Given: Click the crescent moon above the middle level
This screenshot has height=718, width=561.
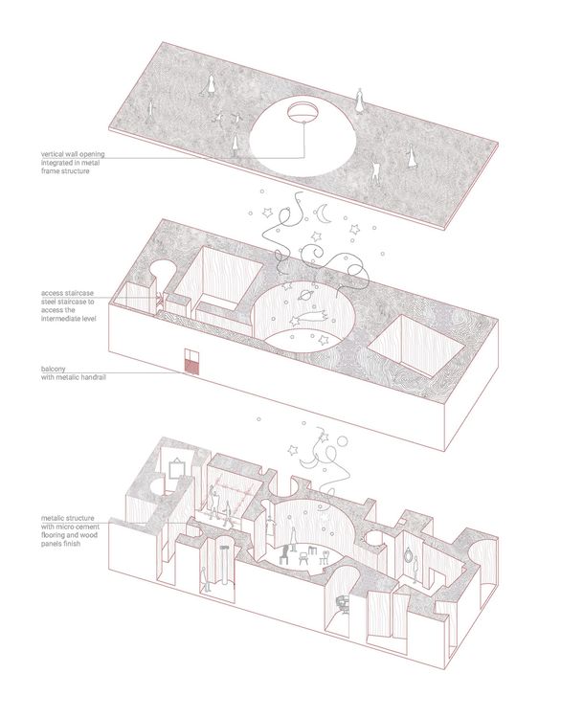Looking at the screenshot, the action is coord(325,214).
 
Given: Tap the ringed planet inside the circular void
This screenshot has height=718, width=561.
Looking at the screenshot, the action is coord(305,296).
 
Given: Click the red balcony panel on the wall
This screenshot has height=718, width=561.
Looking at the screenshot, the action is coord(190,366).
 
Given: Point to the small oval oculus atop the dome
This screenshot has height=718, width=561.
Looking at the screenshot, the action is coord(303,111).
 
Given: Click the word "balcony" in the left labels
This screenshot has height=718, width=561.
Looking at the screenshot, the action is coord(53,370).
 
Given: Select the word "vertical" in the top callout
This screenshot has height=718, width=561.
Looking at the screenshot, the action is coord(52,154).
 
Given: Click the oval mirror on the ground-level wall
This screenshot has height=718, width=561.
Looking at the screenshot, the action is coord(408,557).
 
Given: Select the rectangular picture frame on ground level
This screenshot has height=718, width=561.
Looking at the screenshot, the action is coord(177,469).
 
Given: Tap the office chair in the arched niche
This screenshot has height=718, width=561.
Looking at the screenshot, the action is coord(342,603).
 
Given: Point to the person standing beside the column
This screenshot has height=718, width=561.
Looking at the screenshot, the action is coord(205,579).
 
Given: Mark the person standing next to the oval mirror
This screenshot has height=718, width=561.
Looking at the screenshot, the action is coord(415,571).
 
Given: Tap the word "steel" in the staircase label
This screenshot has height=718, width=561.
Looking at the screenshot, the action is coord(49,302).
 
